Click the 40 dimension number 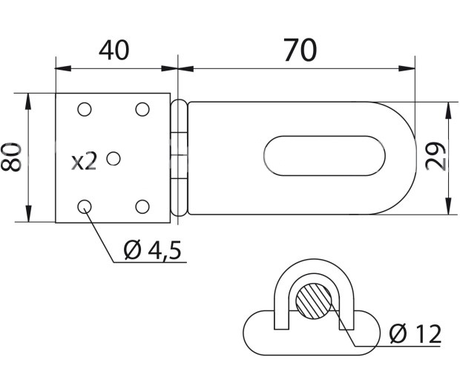point(114,50)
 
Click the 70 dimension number point(300,50)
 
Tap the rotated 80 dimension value point(11,157)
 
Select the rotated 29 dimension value point(436,156)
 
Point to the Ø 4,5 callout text point(152,250)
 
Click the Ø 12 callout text point(415,334)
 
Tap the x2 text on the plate point(84,162)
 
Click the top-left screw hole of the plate point(85,109)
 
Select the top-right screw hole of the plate point(142,109)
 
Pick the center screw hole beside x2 point(114,159)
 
